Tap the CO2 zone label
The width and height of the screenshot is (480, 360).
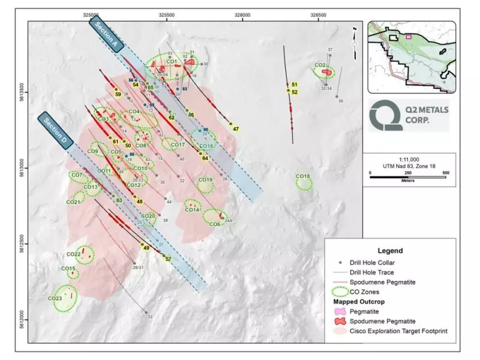pyautogui.click(x=320, y=65)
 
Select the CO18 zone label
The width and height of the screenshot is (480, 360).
pyautogui.click(x=303, y=176)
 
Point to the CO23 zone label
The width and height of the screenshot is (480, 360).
pyautogui.click(x=55, y=298)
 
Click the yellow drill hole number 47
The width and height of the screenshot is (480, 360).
pyautogui.click(x=236, y=129)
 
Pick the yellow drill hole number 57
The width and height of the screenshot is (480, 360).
pyautogui.click(x=169, y=259)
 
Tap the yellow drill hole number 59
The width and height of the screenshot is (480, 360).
pyautogui.click(x=118, y=94)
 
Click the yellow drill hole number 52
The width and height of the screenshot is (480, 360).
pyautogui.click(x=295, y=92)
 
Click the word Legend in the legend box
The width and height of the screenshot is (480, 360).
pyautogui.click(x=390, y=251)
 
